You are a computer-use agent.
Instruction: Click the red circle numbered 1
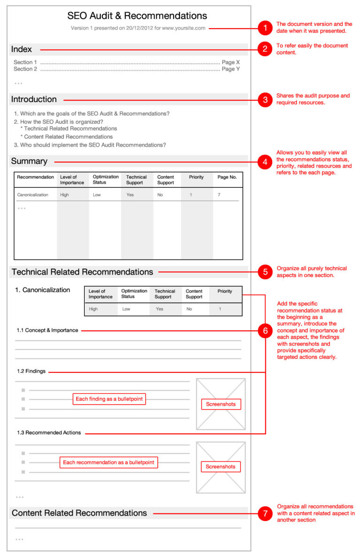265,28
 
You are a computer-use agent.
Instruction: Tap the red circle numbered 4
265,162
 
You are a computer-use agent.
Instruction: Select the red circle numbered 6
265,331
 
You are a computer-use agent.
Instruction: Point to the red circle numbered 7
265,513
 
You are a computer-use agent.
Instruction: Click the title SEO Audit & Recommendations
137,16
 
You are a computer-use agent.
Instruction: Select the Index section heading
22,49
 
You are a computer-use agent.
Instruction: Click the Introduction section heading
34,99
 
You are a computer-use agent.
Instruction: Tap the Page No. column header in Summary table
227,177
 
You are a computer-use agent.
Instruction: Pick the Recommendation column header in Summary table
36,177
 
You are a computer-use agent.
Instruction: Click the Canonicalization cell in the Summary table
32,195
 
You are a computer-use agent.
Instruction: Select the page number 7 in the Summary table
219,195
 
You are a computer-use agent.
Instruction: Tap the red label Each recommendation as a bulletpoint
108,462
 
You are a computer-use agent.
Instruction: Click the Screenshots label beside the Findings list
221,404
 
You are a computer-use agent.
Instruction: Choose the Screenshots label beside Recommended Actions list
221,467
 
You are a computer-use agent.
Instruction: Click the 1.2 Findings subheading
31,372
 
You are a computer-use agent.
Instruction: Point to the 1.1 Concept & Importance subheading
47,330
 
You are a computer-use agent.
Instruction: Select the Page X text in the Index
231,62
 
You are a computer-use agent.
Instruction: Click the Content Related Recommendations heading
79,513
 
